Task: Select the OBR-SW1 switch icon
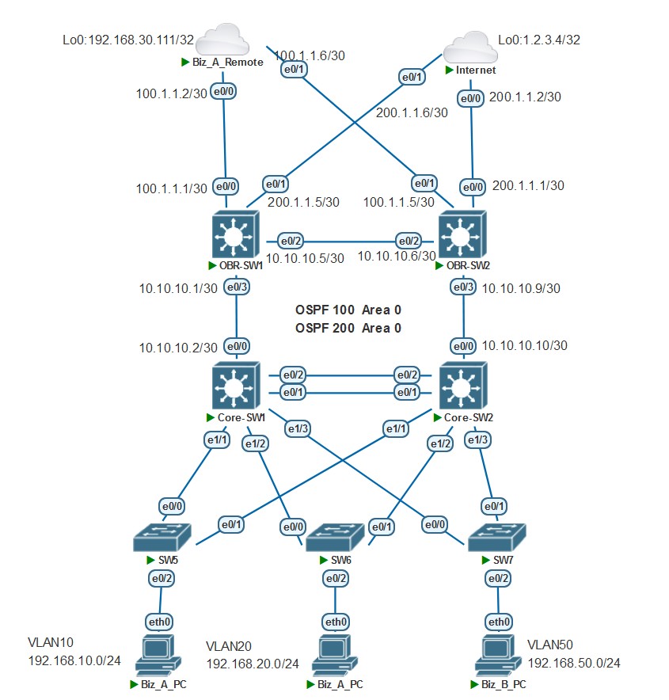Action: point(235,235)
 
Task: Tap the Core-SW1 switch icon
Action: point(235,386)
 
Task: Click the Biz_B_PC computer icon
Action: point(498,656)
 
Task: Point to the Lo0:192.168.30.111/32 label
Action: point(124,39)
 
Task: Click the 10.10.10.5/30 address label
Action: point(305,258)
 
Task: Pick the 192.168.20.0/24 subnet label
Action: point(253,664)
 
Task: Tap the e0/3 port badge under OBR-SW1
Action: point(236,287)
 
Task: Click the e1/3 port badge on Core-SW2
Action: point(477,439)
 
